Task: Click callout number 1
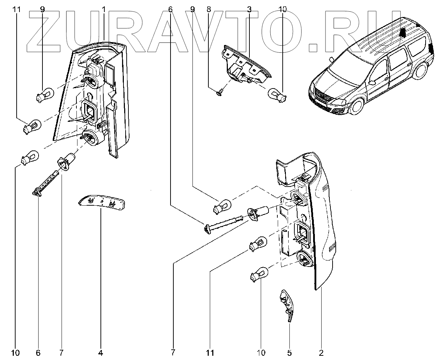point(104,9)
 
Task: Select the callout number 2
point(321,353)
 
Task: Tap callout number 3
point(249,9)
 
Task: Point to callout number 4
point(100,353)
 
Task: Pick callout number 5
point(289,353)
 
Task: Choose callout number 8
point(208,9)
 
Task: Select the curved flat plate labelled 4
point(102,202)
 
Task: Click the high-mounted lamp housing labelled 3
point(244,65)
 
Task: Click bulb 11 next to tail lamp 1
point(33,126)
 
